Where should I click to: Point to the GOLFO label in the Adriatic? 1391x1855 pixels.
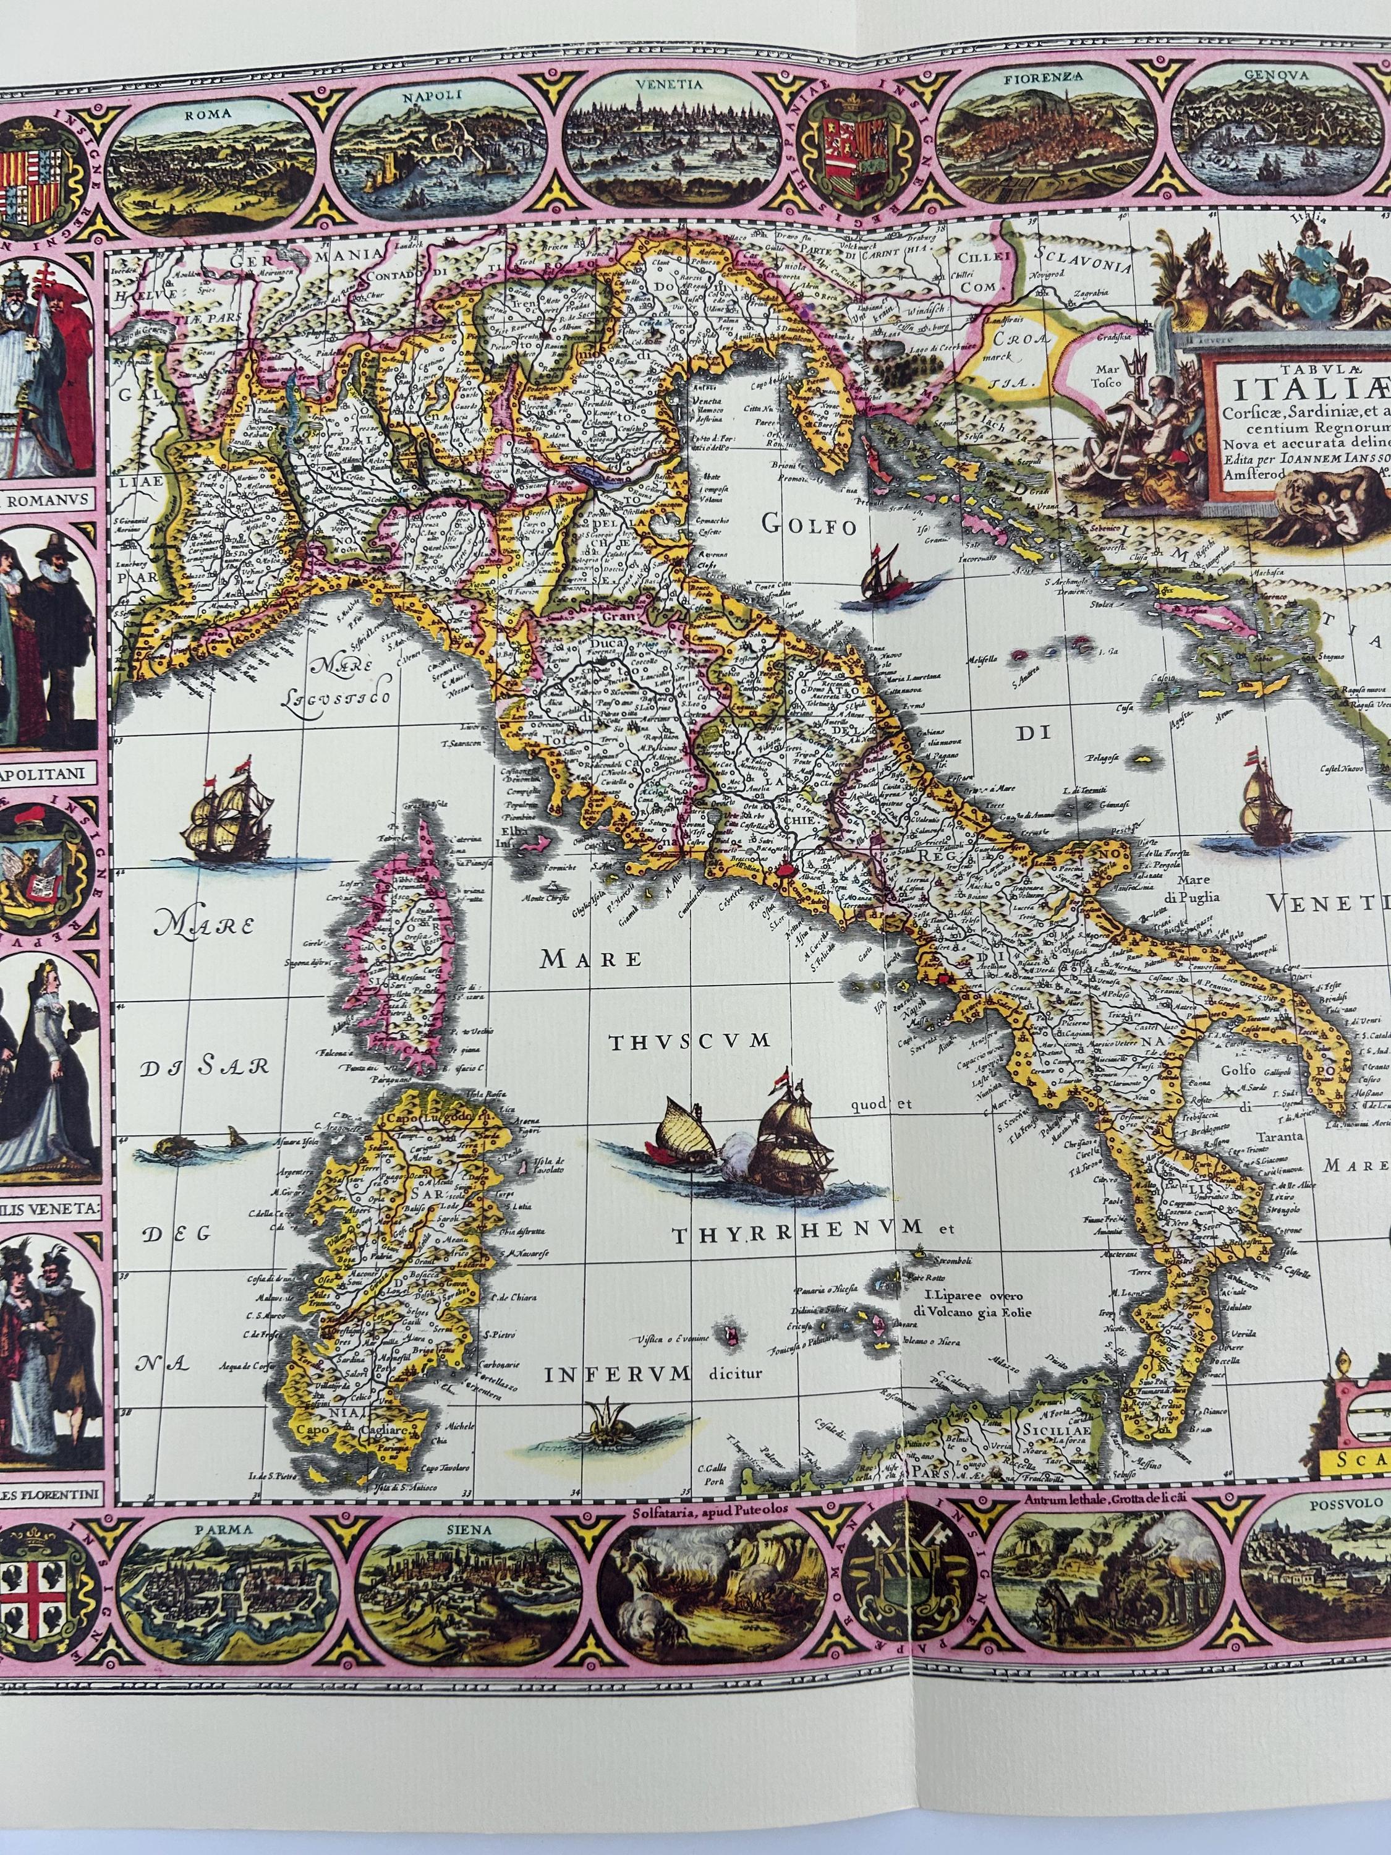tap(808, 525)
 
